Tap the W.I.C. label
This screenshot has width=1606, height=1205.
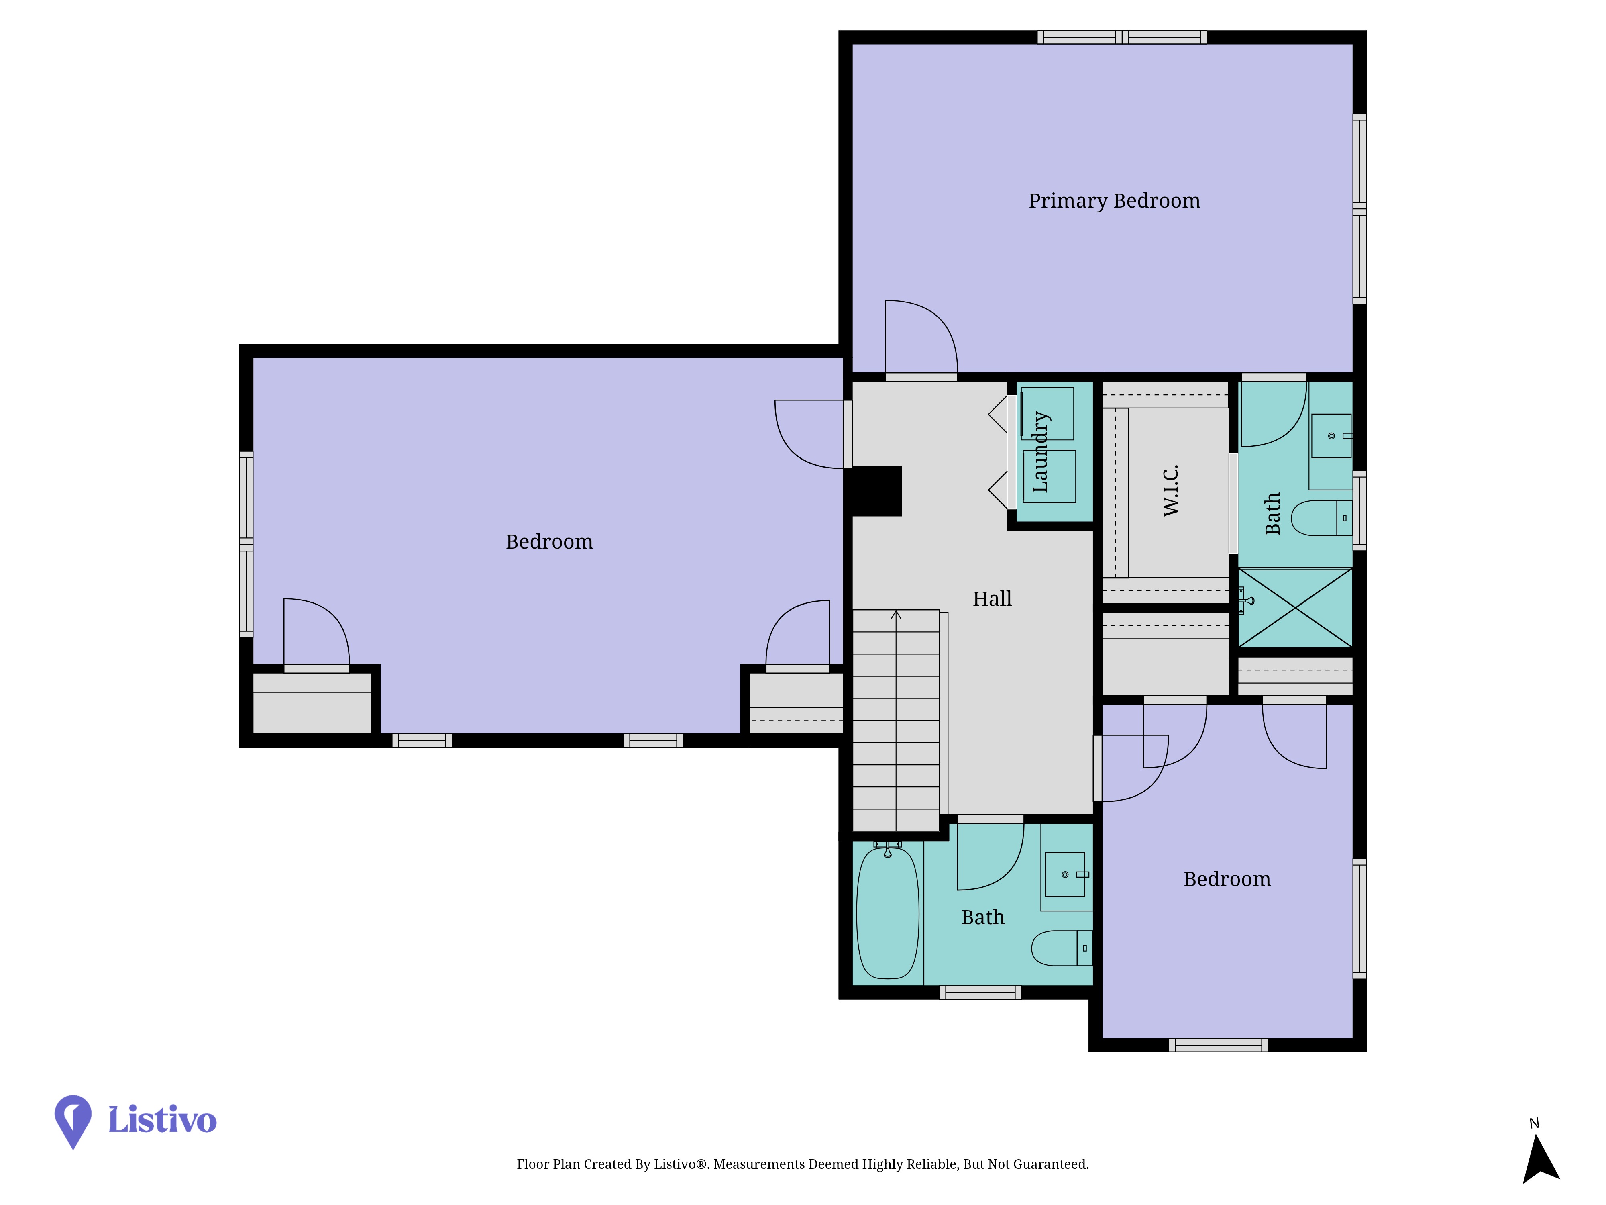click(1170, 490)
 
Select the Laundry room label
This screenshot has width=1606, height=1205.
click(1040, 452)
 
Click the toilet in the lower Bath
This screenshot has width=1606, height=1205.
click(1062, 948)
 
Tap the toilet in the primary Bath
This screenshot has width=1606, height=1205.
click(1321, 518)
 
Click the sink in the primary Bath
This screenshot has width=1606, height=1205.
click(1331, 436)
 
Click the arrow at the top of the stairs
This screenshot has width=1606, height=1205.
click(896, 615)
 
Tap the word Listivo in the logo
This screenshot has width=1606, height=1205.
click(162, 1119)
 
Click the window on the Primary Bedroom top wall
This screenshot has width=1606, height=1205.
click(1122, 37)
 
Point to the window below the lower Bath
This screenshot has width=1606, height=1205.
click(980, 992)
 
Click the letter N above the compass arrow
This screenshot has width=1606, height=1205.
click(1534, 1123)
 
